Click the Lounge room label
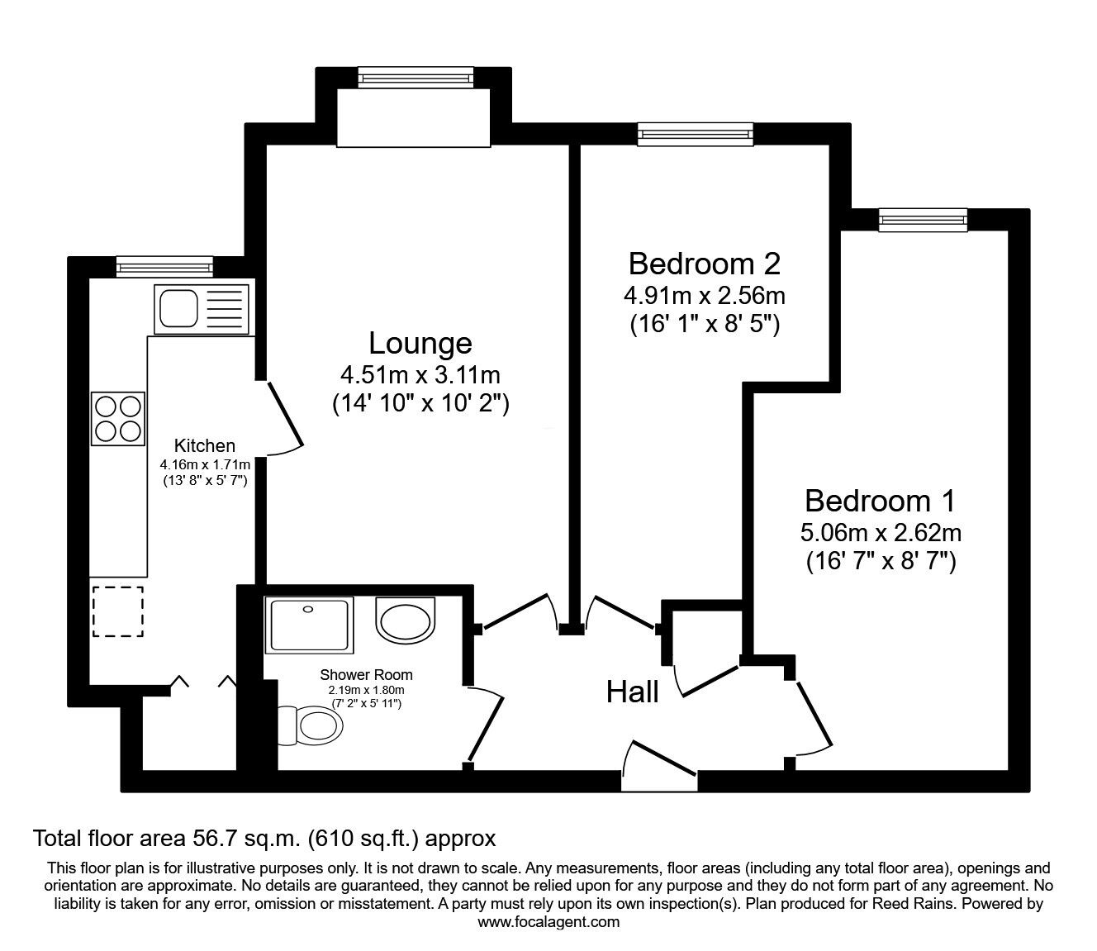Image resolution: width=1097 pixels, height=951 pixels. click(x=420, y=343)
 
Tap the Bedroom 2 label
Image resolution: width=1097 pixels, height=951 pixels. click(x=704, y=264)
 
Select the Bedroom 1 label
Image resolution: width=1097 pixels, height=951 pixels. click(x=880, y=501)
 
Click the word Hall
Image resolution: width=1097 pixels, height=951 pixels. click(x=633, y=692)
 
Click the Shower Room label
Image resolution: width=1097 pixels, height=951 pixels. click(x=366, y=675)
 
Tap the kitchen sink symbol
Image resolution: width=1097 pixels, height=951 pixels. click(x=201, y=308)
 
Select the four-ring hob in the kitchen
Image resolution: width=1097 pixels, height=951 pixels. click(x=118, y=418)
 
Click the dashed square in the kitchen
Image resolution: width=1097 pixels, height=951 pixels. click(x=117, y=611)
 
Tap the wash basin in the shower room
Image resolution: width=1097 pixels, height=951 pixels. click(x=405, y=620)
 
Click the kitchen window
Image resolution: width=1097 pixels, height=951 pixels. click(x=164, y=265)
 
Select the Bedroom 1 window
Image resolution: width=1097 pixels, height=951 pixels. click(x=922, y=218)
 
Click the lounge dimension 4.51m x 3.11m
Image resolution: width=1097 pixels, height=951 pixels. click(x=420, y=375)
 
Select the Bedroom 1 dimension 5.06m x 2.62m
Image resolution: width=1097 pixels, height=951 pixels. click(x=880, y=532)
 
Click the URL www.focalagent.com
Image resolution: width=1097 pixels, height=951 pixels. click(x=548, y=922)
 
